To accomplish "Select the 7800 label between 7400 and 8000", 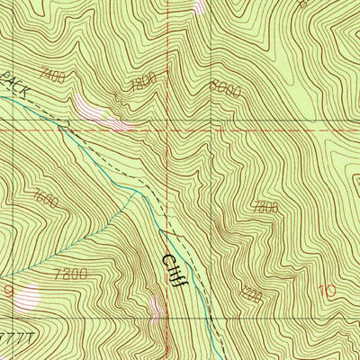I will click(x=143, y=81).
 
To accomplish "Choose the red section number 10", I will click(x=326, y=291).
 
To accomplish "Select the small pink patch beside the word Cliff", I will click(x=157, y=310).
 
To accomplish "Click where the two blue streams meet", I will click(x=137, y=191).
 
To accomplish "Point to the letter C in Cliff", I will click(x=168, y=258).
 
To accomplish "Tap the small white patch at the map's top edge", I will click(x=200, y=5).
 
